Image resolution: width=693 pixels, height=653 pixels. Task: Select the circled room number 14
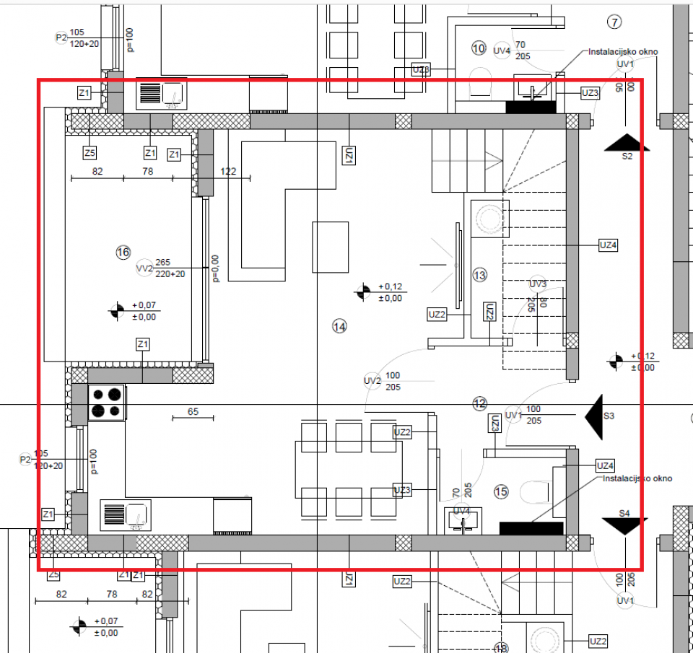339,326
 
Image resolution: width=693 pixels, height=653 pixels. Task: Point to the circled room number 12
480,403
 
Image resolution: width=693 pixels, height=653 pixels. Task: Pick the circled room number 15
502,492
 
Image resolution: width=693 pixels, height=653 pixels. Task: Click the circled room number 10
479,48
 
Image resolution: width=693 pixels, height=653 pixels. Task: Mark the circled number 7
614,22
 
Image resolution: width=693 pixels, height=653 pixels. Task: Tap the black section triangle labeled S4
624,526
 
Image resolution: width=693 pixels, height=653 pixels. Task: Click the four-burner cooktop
107,403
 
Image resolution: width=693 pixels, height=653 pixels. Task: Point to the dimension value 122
228,172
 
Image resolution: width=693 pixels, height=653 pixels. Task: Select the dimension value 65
193,412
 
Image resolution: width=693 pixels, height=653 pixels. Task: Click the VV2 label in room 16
144,269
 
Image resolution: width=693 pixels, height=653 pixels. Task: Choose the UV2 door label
372,381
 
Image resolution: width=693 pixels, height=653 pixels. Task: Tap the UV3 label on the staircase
538,283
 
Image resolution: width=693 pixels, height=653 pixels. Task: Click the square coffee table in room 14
331,247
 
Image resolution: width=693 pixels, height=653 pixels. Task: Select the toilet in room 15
535,492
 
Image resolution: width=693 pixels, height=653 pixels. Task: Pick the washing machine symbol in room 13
489,219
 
